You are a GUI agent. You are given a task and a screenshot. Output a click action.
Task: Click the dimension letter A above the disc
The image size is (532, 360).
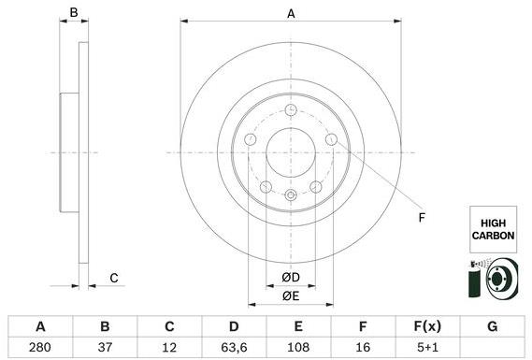[x=291, y=14]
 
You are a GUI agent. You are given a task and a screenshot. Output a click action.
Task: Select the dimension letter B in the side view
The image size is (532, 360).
[x=74, y=14]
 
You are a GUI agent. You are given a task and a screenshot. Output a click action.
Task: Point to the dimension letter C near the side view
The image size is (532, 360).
[x=114, y=278]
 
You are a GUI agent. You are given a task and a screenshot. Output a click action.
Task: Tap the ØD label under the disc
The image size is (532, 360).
[x=291, y=278]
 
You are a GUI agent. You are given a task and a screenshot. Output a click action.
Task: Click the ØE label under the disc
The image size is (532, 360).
[x=291, y=296]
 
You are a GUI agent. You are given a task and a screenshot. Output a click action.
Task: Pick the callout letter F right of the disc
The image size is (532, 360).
[x=422, y=218]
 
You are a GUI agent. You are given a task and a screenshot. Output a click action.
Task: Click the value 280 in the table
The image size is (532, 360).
[x=40, y=347]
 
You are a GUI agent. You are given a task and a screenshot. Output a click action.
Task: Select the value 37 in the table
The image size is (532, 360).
[x=105, y=347]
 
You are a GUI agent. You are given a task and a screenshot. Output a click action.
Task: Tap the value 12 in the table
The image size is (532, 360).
[x=169, y=347]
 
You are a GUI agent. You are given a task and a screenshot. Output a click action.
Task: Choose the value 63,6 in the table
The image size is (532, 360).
[x=234, y=347]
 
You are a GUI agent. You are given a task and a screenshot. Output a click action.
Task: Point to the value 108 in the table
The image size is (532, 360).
[x=298, y=347]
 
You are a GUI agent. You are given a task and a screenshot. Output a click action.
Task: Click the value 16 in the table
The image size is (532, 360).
[x=363, y=347]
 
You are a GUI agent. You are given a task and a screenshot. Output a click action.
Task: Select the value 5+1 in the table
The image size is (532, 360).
[x=427, y=347]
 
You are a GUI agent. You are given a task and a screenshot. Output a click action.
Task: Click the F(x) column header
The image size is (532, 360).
[x=427, y=326]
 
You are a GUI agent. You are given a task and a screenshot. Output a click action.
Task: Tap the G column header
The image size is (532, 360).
[x=492, y=326]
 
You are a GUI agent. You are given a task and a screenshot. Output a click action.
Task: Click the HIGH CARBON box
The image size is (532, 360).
[x=492, y=229]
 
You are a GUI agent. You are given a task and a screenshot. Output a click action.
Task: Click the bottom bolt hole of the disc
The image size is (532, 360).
[x=291, y=194]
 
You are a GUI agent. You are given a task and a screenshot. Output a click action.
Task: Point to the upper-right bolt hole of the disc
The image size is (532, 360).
[x=331, y=139]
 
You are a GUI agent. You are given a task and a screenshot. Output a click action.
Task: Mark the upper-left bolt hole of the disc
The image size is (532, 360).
[x=251, y=139]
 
